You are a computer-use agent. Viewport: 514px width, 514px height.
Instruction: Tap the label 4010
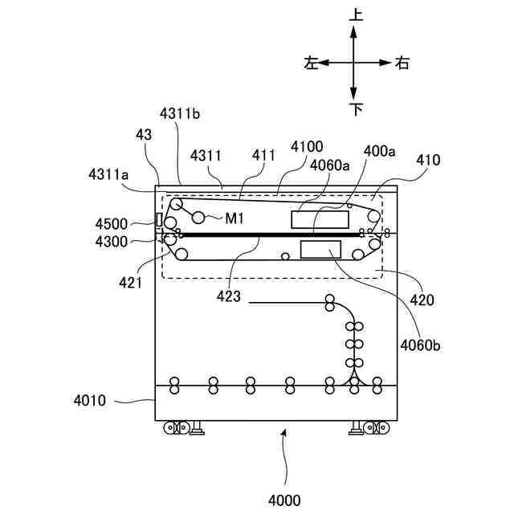pos(91,399)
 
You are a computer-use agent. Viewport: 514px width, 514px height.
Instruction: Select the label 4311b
pos(179,114)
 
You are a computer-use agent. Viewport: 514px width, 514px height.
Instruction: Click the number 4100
pos(307,146)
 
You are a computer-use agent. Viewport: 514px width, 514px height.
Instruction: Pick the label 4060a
pos(330,165)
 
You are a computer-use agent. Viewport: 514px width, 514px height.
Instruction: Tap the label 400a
pos(380,150)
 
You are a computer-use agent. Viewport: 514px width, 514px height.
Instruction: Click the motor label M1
pos(234,217)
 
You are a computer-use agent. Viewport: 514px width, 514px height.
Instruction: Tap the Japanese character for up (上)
pos(354,14)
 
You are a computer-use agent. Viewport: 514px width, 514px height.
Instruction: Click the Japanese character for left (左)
pos(311,63)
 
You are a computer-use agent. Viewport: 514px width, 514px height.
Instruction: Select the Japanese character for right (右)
pos(402,63)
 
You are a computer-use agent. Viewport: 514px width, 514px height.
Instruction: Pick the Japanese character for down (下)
pos(355,108)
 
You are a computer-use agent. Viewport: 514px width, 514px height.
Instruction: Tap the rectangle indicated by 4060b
pos(320,249)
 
